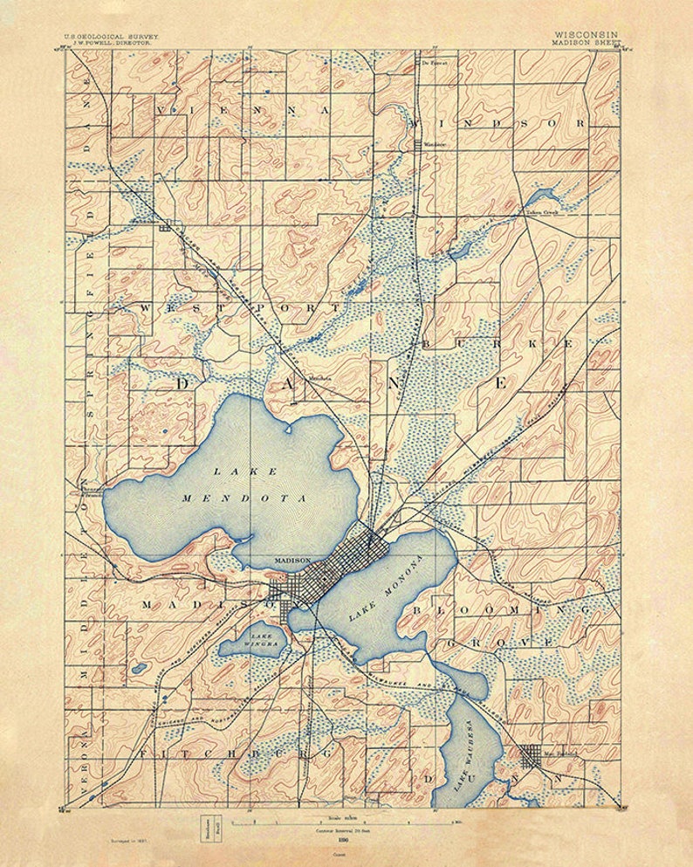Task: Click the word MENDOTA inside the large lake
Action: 244,499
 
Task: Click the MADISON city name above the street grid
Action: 292,560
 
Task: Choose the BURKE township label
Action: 497,345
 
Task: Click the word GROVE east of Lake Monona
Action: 500,643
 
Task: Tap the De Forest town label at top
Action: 434,64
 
